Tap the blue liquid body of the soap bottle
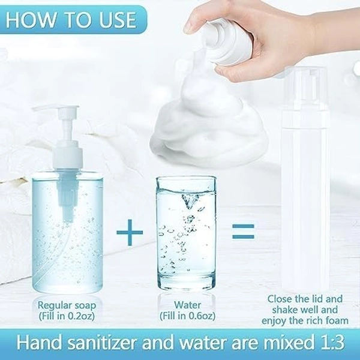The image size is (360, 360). pyautogui.click(x=63, y=240)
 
